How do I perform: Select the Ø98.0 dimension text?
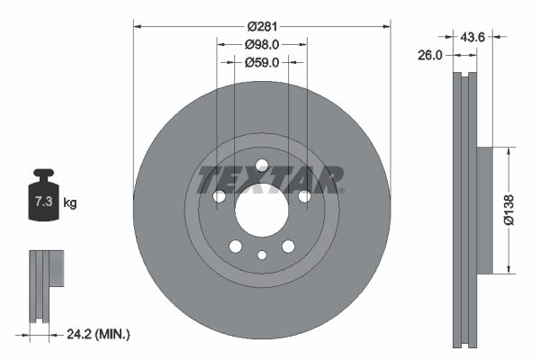pos(261,44)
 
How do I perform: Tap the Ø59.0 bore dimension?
pos(261,62)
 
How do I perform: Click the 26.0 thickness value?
pos(431,55)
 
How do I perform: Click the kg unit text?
pos(70,203)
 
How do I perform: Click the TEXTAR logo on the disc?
pos(270,180)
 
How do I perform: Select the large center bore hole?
pos(261,212)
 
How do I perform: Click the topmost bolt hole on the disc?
pos(261,165)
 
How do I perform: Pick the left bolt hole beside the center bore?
pos(218,196)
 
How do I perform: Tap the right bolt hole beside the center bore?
pos(304,196)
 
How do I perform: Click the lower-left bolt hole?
pos(235,247)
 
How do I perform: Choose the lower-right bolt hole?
pos(288,247)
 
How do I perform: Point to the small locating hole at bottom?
pos(261,256)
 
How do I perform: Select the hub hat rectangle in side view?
pos(484,211)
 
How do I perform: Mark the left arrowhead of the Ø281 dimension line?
pos(137,25)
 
